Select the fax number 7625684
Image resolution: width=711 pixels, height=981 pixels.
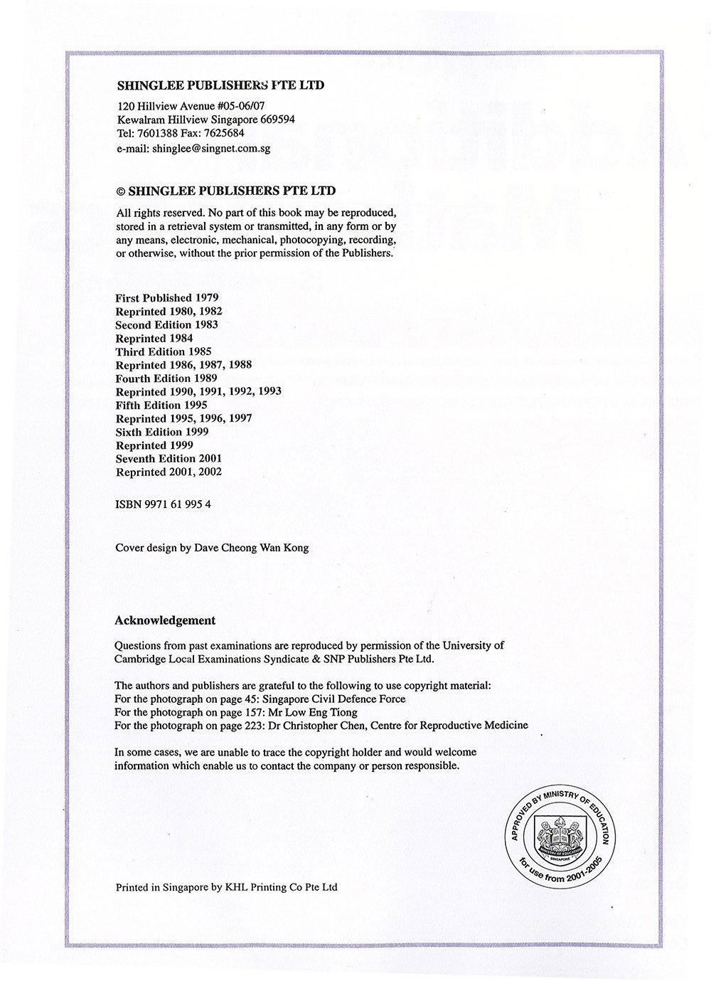(223, 133)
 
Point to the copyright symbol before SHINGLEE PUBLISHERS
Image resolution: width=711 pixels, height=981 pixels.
(120, 191)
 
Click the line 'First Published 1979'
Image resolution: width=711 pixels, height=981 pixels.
(166, 298)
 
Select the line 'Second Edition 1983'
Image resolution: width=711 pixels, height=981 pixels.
(166, 325)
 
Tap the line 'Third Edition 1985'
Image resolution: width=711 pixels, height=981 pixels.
(163, 351)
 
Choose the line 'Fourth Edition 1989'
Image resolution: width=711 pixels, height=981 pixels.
(166, 378)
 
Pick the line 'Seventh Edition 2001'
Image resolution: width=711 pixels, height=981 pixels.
(169, 459)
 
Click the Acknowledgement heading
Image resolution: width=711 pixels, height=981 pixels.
(165, 620)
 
